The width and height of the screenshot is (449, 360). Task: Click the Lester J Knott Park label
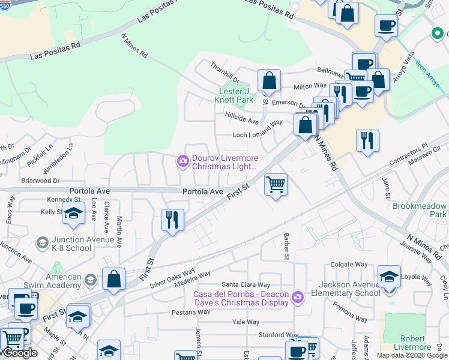pos(234,96)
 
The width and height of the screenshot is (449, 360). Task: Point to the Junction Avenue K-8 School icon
pos(42,242)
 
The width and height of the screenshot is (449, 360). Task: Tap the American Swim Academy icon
pos(90,280)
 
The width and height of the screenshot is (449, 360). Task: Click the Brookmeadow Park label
pos(420,210)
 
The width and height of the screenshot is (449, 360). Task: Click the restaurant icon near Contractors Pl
pos(367,141)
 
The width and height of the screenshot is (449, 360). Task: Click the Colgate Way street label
pos(349,264)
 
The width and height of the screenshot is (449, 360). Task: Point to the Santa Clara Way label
pos(246,284)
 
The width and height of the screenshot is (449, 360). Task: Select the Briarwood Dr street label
pos(40,180)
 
